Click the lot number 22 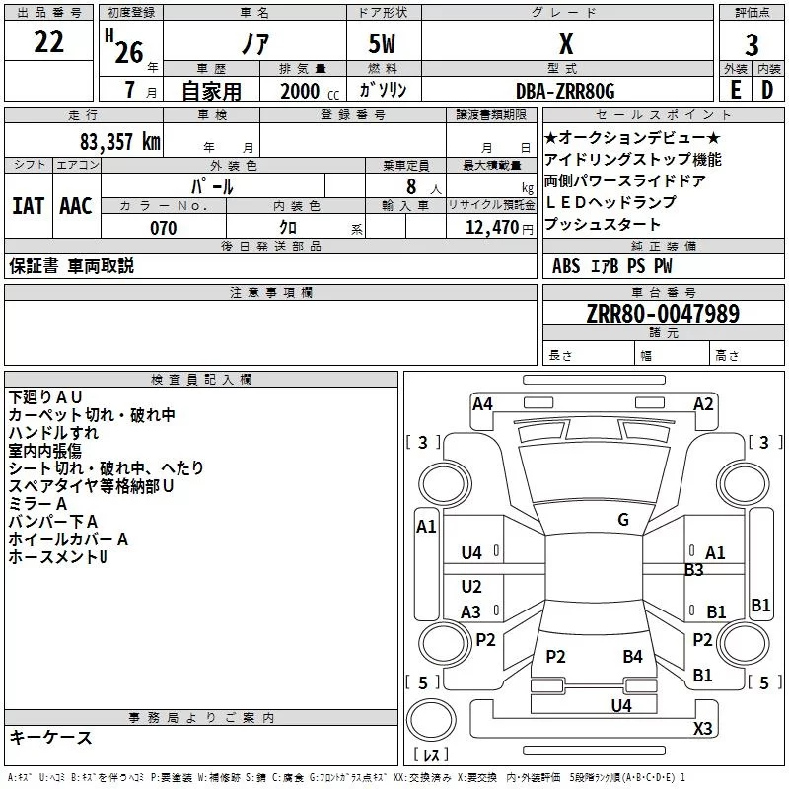point(49,43)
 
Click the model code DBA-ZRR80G point(565,91)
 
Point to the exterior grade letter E point(735,90)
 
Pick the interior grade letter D point(767,90)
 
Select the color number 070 point(163,228)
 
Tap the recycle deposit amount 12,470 point(491,228)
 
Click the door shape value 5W point(385,44)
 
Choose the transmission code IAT point(28,205)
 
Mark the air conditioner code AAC point(75,205)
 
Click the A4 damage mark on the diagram point(482,403)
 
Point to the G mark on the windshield point(623,520)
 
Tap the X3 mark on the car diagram point(702,729)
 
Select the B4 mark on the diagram point(632,656)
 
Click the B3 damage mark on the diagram point(694,569)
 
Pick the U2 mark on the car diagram point(471,587)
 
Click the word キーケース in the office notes point(50,737)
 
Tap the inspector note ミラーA point(38,503)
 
